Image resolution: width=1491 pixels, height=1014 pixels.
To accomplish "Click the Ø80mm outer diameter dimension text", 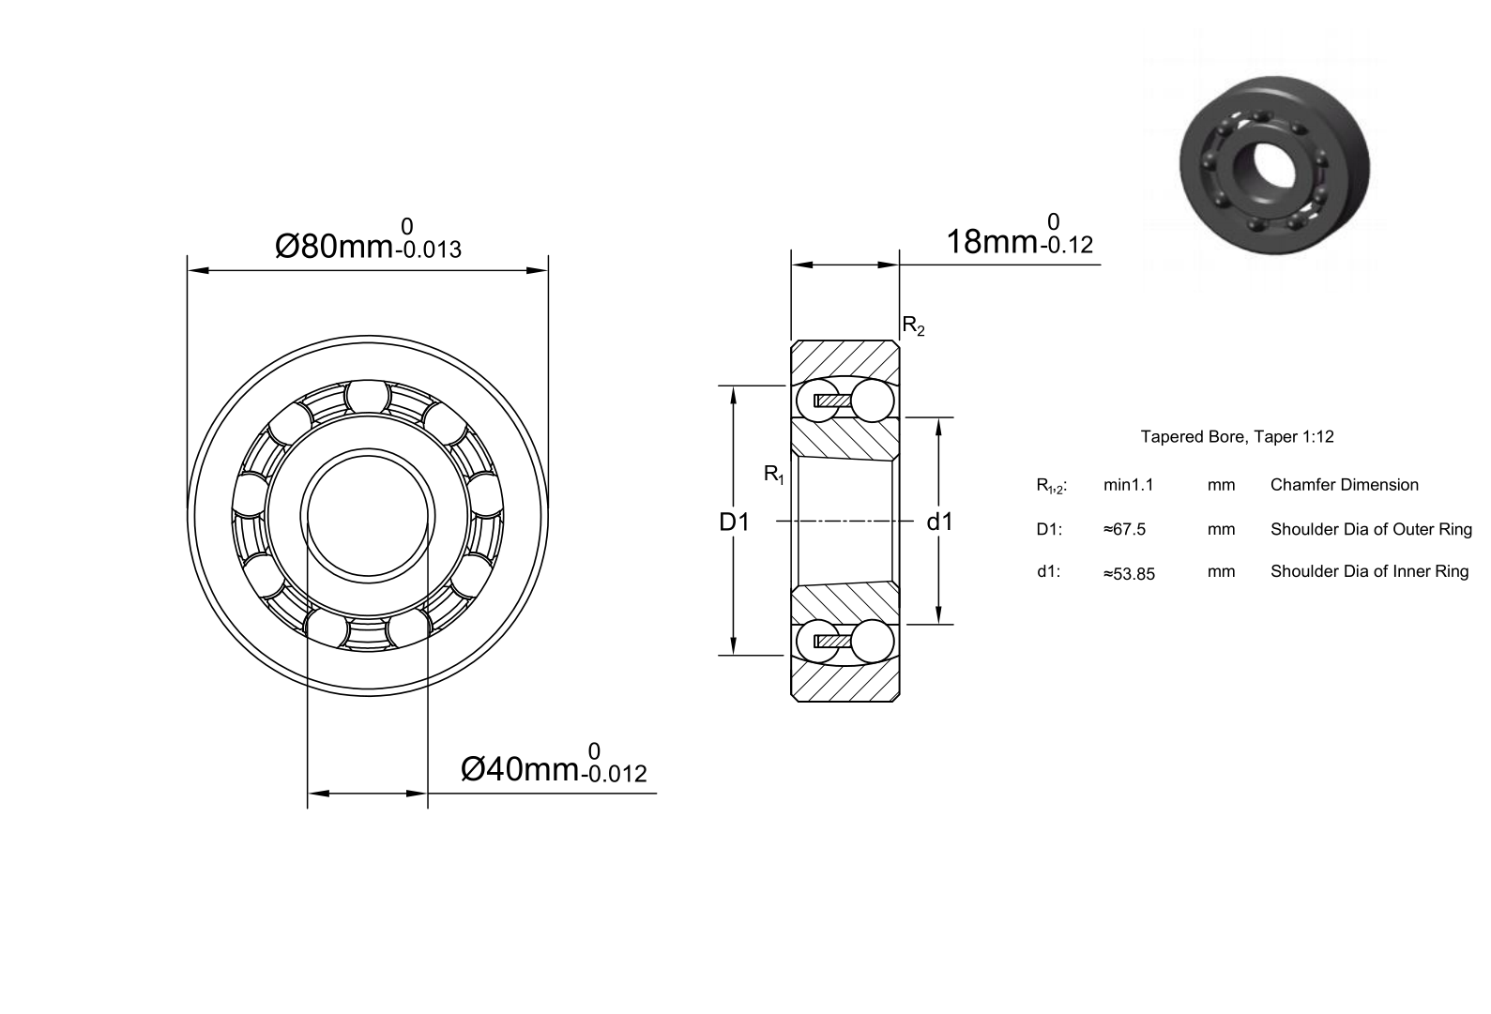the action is (333, 247).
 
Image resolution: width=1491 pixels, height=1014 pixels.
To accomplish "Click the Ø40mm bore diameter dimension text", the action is (519, 770).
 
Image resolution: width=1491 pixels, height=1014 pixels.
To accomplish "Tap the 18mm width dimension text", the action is (992, 242).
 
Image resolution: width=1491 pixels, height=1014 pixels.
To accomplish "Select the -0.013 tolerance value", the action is (428, 250).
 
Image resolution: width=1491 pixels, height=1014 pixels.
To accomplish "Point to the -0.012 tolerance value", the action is (614, 774).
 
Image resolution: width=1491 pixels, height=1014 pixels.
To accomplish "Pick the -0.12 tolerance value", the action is (1066, 246).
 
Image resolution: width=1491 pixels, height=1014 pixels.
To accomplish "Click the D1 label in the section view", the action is (734, 522).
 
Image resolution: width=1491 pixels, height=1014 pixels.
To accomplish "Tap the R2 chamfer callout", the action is (913, 326).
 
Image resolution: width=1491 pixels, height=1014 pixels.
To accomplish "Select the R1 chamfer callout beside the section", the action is (774, 475).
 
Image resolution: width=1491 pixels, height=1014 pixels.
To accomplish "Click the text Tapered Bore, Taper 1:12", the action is (1237, 437).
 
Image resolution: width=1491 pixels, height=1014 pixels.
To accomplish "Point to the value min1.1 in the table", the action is (1128, 485).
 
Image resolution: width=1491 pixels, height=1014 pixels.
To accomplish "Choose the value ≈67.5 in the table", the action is (1124, 530).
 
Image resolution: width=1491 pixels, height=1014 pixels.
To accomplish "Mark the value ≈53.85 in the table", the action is (1129, 574).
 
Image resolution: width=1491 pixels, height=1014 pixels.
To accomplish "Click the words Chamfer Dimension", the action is (1344, 485).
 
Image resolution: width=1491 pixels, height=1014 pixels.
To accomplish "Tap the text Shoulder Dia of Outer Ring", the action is (1371, 530).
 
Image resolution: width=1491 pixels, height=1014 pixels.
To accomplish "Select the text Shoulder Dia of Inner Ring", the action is (1369, 571).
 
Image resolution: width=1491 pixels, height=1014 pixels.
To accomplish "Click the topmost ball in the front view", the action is (367, 397).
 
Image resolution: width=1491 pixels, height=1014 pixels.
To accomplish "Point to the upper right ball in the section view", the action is (872, 401).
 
